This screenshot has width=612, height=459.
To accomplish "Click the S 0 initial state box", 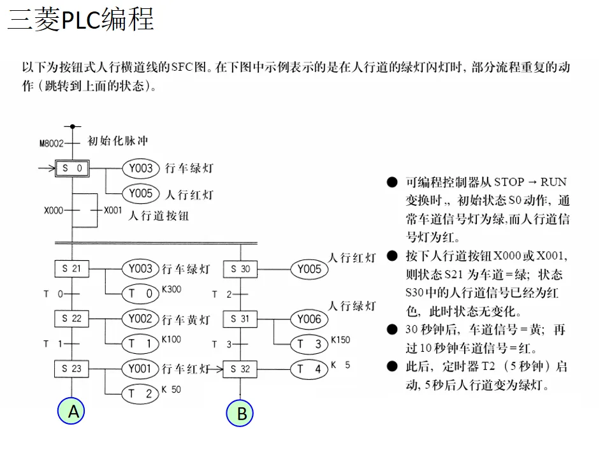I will pyautogui.click(x=72, y=168).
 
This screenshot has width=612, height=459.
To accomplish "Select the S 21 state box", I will pyautogui.click(x=72, y=269).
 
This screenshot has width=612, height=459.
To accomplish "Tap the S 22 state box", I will pyautogui.click(x=72, y=318).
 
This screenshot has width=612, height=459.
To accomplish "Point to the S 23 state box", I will pyautogui.click(x=72, y=368).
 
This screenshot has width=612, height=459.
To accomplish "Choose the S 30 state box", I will pyautogui.click(x=240, y=269).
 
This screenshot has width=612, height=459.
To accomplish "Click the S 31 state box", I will pyautogui.click(x=240, y=319).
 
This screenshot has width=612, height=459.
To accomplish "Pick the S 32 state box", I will pyautogui.click(x=240, y=368).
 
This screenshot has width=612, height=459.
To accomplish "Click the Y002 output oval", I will pyautogui.click(x=140, y=318).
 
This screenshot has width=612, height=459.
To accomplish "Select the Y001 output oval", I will pyautogui.click(x=140, y=368).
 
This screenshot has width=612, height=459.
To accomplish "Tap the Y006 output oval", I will pyautogui.click(x=309, y=319).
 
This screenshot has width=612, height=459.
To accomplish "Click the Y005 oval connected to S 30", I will pyautogui.click(x=309, y=269).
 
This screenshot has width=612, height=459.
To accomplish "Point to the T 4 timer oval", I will pyautogui.click(x=309, y=368).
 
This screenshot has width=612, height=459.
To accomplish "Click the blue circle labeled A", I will pyautogui.click(x=73, y=412).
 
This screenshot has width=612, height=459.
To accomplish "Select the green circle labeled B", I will pyautogui.click(x=241, y=414).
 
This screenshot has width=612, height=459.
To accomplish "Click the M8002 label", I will pyautogui.click(x=52, y=143).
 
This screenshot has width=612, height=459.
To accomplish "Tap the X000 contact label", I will pyautogui.click(x=54, y=210).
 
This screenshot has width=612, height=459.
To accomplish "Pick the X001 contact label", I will pyautogui.click(x=113, y=210).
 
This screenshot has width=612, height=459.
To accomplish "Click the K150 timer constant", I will pyautogui.click(x=340, y=340).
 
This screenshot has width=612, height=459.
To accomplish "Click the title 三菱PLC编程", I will pyautogui.click(x=81, y=20).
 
